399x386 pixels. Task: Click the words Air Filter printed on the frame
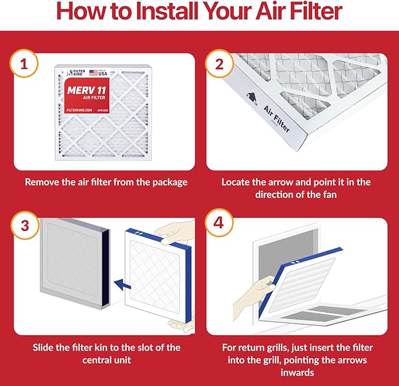[x=277, y=118]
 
